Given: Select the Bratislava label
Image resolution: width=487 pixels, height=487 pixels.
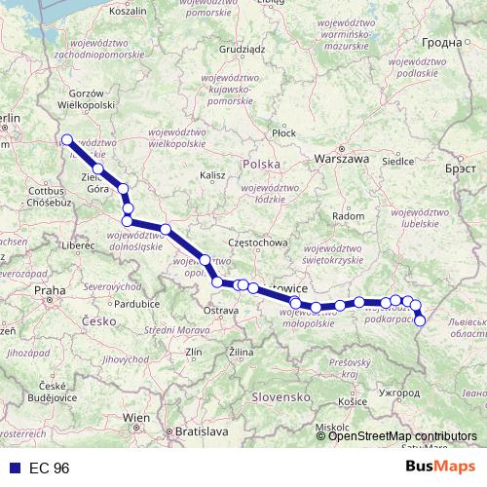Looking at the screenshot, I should [201, 430].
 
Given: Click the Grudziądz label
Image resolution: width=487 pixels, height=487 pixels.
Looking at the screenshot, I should [243, 47].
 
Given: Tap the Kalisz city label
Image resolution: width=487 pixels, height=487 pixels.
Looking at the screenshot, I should [212, 174].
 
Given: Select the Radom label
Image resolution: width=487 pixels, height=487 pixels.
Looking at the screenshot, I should [348, 215].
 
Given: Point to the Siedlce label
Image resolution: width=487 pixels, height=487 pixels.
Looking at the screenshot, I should [399, 161].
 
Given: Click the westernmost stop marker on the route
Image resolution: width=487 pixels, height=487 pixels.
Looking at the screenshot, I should [67, 139].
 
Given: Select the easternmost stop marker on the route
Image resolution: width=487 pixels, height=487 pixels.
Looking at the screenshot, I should [420, 320].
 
